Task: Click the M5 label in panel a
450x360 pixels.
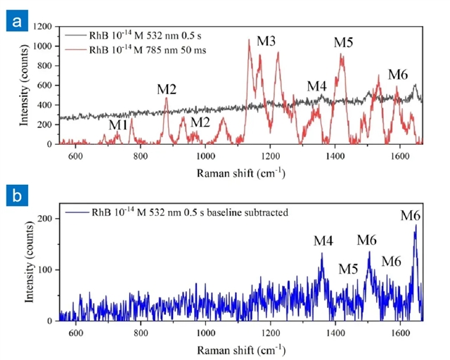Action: [x=343, y=42]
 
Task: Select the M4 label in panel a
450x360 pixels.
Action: [x=317, y=86]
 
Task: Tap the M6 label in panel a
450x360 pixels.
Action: [x=398, y=75]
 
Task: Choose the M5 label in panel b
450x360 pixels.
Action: [x=348, y=269]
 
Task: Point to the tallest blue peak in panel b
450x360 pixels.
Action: [x=416, y=226]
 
